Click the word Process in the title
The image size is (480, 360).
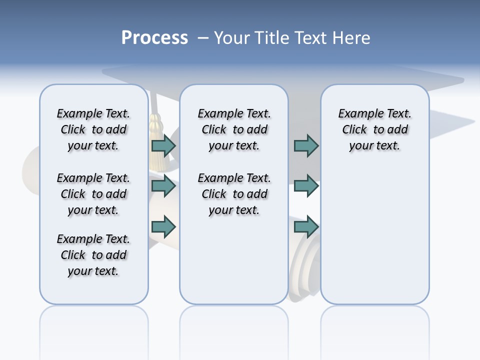point(154,38)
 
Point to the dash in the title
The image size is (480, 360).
point(203,38)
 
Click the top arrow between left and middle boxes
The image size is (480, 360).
point(163,146)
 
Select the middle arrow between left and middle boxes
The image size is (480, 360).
point(163,186)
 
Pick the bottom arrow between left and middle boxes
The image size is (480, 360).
point(163,226)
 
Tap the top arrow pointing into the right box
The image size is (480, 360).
point(306,146)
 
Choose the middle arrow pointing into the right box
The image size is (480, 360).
point(306,186)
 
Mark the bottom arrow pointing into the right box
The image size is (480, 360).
point(306,226)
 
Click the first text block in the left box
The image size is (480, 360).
point(93,129)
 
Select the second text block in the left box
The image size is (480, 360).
point(93,194)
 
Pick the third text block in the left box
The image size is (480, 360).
point(93,255)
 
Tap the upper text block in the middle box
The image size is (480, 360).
point(234,129)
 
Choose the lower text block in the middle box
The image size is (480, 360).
point(234,194)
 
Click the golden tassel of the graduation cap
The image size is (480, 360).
point(157,142)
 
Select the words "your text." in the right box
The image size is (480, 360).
point(374,145)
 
